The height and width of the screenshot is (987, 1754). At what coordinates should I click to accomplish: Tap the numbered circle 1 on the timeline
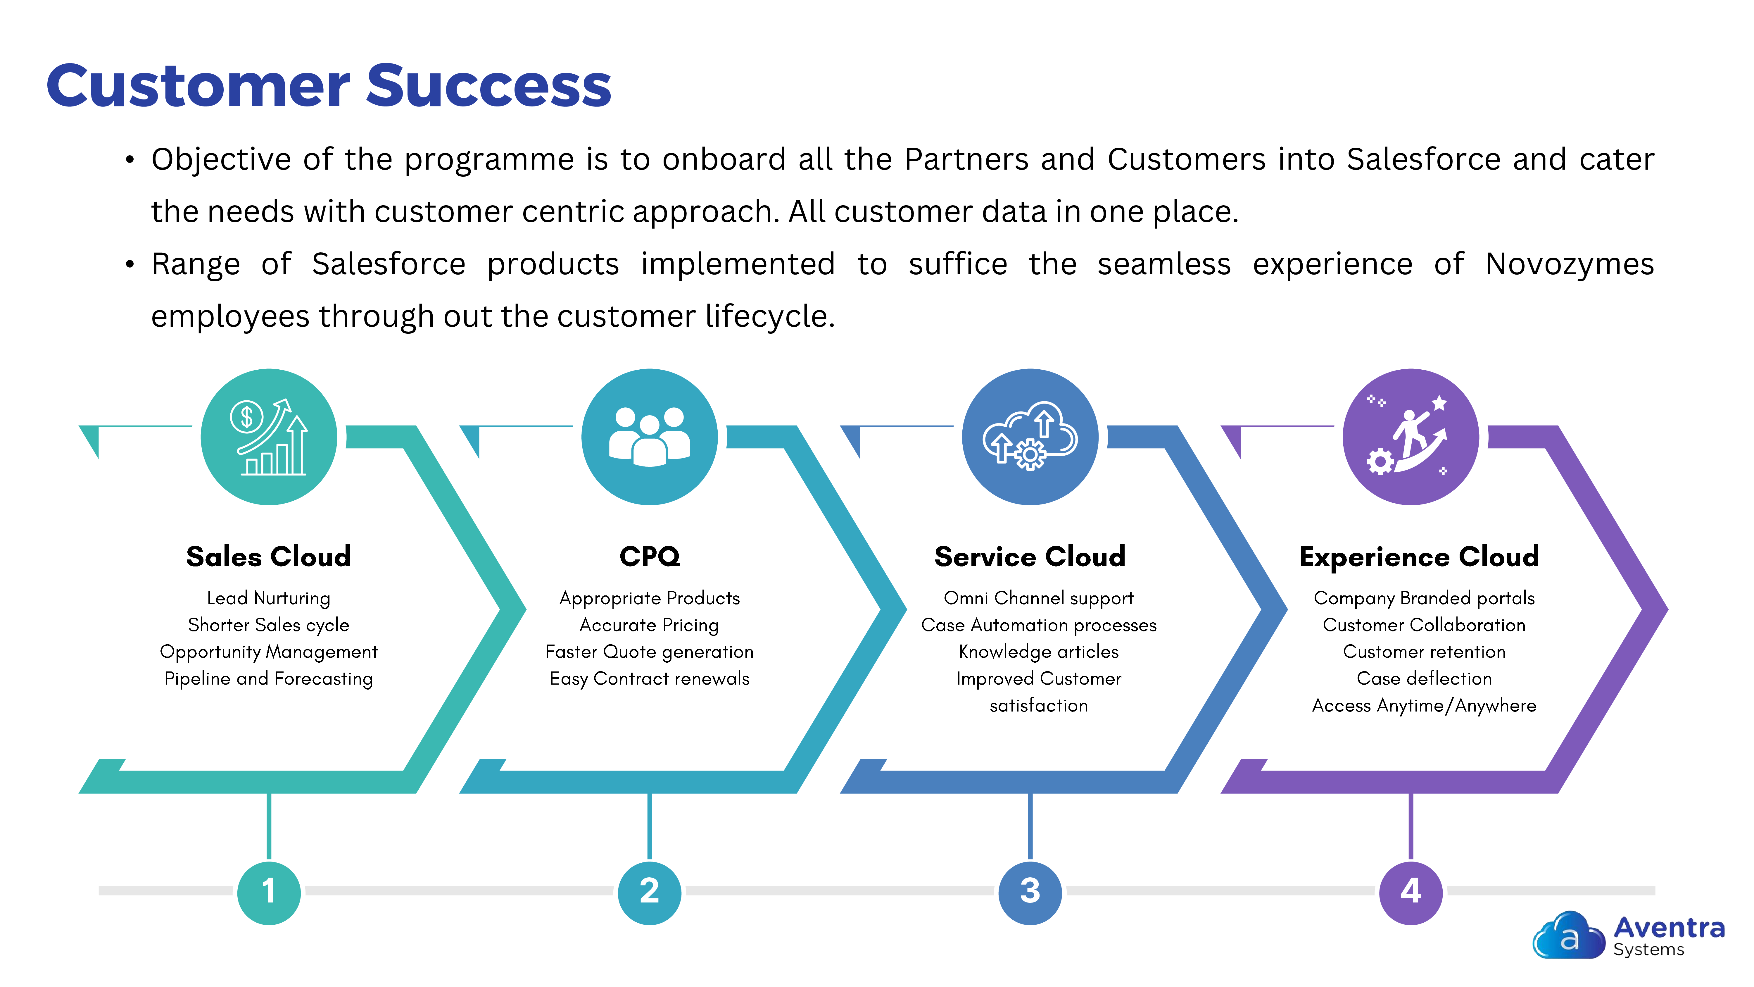pyautogui.click(x=269, y=892)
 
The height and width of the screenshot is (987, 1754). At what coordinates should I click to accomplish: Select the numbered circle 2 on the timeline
pyautogui.click(x=650, y=892)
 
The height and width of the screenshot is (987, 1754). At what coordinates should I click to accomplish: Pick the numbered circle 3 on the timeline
pyautogui.click(x=1030, y=892)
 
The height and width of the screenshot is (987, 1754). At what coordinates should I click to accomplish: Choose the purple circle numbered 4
pyautogui.click(x=1411, y=892)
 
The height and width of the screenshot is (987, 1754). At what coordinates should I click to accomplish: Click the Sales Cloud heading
pyautogui.click(x=269, y=557)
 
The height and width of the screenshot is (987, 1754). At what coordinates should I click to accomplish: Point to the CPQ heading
pyautogui.click(x=650, y=557)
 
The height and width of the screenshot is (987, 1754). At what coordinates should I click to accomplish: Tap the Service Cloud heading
pyautogui.click(x=1030, y=557)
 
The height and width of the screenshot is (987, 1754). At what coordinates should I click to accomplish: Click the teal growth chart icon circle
pyautogui.click(x=269, y=437)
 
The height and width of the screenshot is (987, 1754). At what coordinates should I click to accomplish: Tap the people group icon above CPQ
pyautogui.click(x=650, y=437)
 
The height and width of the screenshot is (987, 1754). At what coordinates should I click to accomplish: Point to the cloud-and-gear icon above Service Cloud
pyautogui.click(x=1030, y=437)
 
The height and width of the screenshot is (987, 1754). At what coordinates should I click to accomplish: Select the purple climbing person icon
pyautogui.click(x=1411, y=437)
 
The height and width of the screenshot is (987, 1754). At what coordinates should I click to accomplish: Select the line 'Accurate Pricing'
pyautogui.click(x=650, y=625)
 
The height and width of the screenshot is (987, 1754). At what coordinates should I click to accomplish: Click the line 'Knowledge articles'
pyautogui.click(x=1038, y=652)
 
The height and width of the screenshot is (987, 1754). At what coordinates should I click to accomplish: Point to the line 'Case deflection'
pyautogui.click(x=1425, y=678)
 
